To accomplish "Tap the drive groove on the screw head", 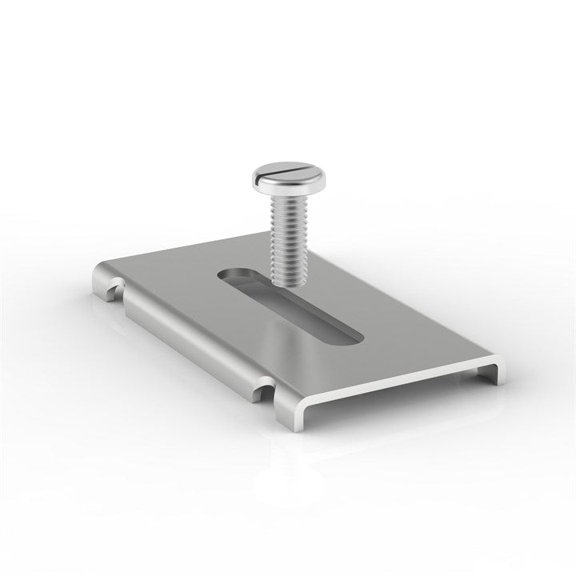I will pyautogui.click(x=290, y=170).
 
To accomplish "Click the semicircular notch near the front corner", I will pyautogui.click(x=264, y=390).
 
